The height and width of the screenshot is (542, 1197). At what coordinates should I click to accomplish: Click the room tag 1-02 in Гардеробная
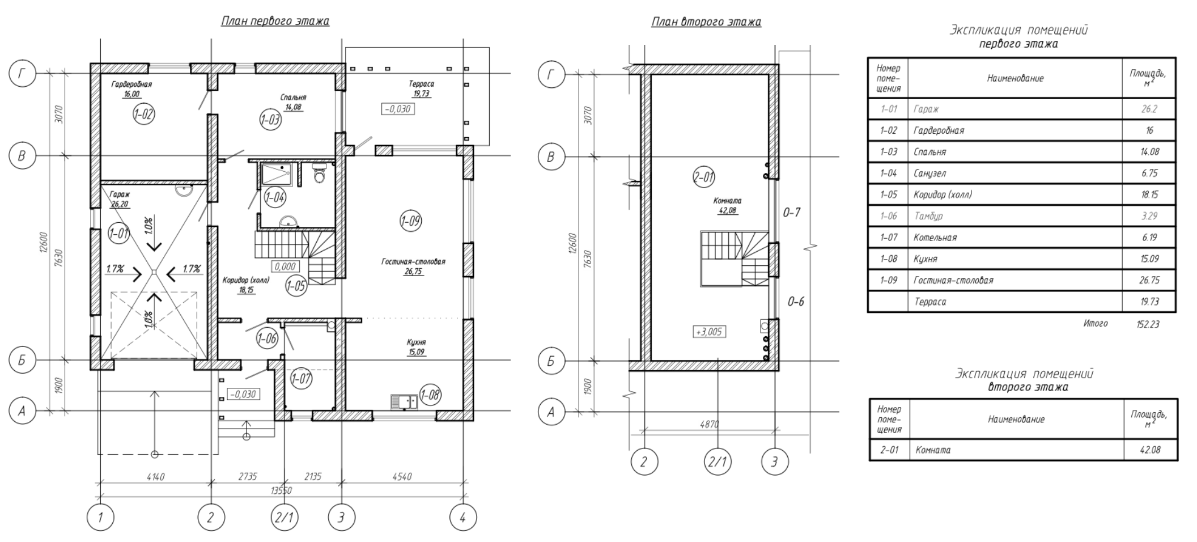(x=144, y=115)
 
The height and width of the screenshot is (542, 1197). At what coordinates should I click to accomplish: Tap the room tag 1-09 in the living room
(x=410, y=221)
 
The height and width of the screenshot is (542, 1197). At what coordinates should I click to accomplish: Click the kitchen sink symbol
(x=404, y=402)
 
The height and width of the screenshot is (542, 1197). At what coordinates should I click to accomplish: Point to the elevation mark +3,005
(x=709, y=332)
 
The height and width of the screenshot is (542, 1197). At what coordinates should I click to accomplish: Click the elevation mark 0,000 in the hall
(x=285, y=266)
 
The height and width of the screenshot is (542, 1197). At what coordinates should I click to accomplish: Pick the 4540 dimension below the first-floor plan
(x=402, y=477)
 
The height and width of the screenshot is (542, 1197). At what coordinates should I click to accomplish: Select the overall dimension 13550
(x=282, y=490)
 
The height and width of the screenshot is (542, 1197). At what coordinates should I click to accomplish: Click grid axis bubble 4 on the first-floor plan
(x=462, y=518)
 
